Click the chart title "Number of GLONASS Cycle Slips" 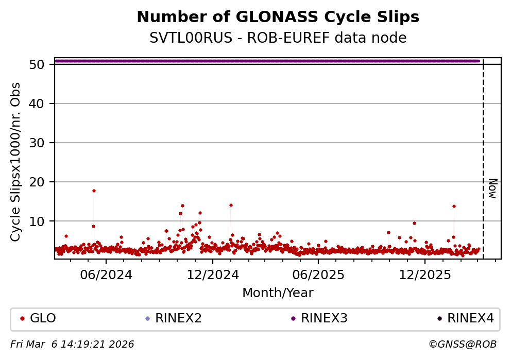pyautogui.click(x=278, y=18)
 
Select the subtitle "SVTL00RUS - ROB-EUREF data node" pyautogui.click(x=278, y=38)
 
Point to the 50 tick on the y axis pyautogui.click(x=41, y=65)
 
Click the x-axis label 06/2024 pyautogui.click(x=106, y=275)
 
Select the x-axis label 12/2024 pyautogui.click(x=212, y=275)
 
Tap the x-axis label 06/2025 pyautogui.click(x=318, y=275)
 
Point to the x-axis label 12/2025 pyautogui.click(x=424, y=275)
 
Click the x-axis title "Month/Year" pyautogui.click(x=278, y=293)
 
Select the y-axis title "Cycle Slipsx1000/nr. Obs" pyautogui.click(x=16, y=162)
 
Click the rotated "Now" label pyautogui.click(x=492, y=188)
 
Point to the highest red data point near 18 pyautogui.click(x=94, y=191)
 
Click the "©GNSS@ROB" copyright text pyautogui.click(x=462, y=344)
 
